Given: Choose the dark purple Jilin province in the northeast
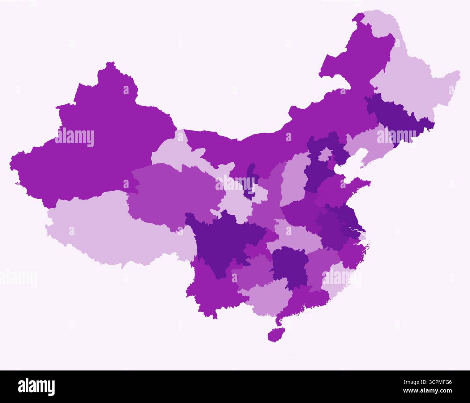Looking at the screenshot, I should coord(394,116).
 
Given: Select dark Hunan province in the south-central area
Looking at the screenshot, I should coord(289,267).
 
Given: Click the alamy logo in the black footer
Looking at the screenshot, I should coord(37,386).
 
